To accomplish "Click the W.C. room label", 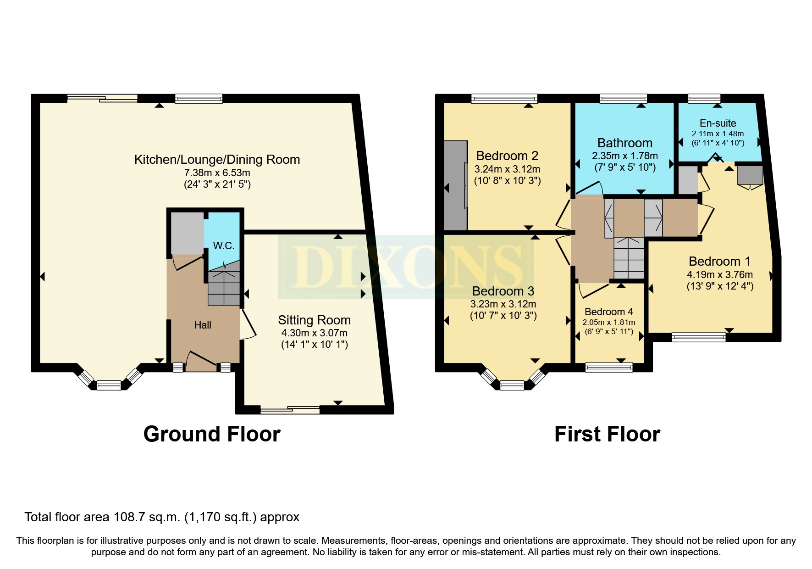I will click(x=224, y=245).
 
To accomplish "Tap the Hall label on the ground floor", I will click(x=203, y=325).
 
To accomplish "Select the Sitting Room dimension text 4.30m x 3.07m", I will click(x=314, y=333).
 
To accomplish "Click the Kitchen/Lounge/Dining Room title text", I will click(x=217, y=160).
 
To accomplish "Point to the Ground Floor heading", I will click(x=212, y=434).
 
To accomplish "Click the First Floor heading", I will click(x=607, y=434).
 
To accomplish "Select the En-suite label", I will click(x=718, y=123).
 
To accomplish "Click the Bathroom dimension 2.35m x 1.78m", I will click(x=625, y=156).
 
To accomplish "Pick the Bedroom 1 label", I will click(x=719, y=262).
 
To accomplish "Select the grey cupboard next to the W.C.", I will click(x=187, y=233).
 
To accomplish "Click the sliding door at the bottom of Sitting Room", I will click(x=290, y=410).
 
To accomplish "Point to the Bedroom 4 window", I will click(x=609, y=367).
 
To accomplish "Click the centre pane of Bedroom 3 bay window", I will click(x=512, y=385).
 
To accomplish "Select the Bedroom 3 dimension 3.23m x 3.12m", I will click(x=503, y=304).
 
